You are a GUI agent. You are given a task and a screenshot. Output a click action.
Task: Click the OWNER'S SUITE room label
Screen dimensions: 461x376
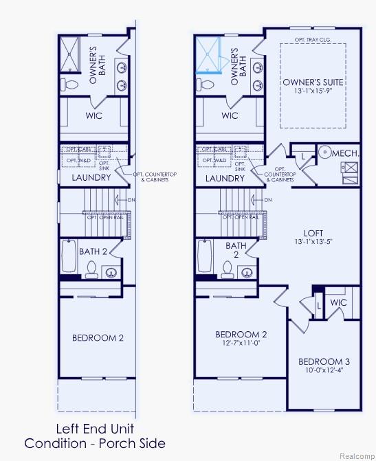tap(313, 82)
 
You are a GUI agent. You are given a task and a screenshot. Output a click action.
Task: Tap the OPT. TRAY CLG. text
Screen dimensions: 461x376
tap(313, 40)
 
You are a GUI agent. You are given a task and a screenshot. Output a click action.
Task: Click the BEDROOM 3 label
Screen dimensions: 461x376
tap(324, 361)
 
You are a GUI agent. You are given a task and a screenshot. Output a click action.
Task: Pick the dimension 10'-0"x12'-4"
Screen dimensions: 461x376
tap(324, 370)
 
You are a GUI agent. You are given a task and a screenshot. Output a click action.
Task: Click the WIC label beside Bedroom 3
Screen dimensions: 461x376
tap(338, 302)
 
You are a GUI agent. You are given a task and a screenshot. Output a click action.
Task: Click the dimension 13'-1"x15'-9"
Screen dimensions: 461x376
tap(313, 91)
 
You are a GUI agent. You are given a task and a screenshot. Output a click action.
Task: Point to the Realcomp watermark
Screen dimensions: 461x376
tap(355, 454)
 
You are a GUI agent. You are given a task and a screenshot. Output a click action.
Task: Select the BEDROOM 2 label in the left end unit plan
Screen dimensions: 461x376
tap(98, 337)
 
